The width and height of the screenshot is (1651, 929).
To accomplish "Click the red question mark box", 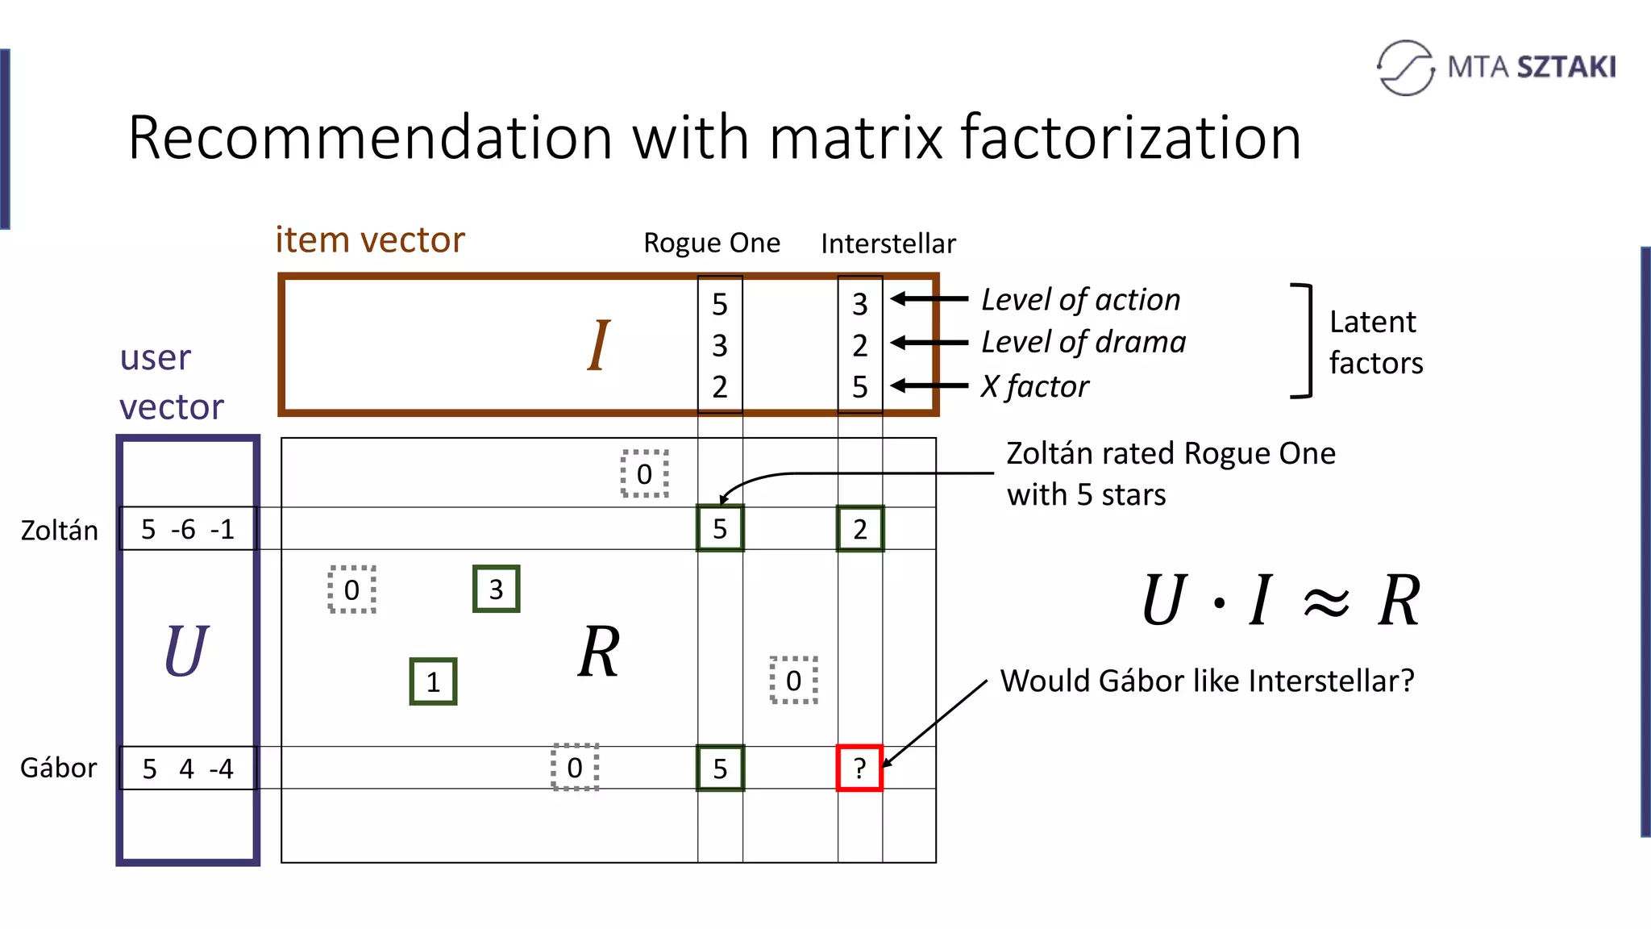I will click(x=859, y=768).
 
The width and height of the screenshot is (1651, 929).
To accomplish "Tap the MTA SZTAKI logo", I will click(x=1496, y=67).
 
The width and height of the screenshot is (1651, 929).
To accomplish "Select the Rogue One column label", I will click(x=711, y=243).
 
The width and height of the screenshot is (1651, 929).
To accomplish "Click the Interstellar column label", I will click(x=888, y=244).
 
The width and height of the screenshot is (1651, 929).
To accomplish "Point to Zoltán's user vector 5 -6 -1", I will click(x=187, y=529).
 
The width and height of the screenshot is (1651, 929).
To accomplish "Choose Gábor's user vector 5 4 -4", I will click(x=187, y=768).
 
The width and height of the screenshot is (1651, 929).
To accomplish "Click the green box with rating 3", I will click(x=496, y=589).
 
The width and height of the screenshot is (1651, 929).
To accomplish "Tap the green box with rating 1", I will click(x=433, y=681).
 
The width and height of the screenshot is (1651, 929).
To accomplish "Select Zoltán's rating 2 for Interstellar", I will click(x=860, y=529).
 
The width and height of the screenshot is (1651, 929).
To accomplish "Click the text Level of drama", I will click(x=1083, y=342).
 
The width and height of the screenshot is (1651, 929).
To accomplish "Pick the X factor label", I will click(x=1034, y=386).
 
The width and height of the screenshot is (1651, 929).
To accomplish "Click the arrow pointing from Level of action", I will click(x=929, y=299).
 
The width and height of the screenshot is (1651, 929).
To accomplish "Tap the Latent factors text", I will click(x=1375, y=342).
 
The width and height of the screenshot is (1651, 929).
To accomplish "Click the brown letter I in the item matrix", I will click(x=598, y=345).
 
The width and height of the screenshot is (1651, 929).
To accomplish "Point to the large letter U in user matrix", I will click(x=185, y=651).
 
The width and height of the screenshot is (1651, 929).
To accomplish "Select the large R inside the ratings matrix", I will click(x=599, y=652).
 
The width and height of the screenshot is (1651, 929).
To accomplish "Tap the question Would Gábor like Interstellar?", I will click(x=1207, y=681).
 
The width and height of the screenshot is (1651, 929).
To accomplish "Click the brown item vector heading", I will click(x=370, y=240).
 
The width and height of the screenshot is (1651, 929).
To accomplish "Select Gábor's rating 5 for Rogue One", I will click(x=720, y=768).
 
